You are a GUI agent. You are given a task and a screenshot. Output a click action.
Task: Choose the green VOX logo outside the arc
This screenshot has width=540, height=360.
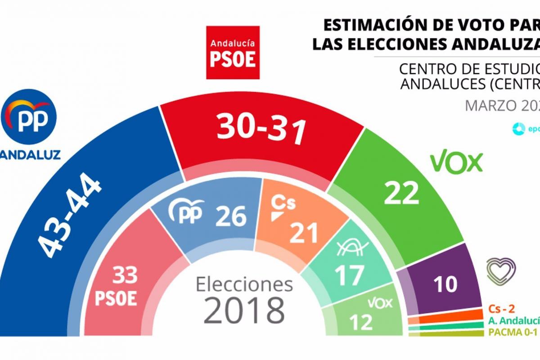(456, 162)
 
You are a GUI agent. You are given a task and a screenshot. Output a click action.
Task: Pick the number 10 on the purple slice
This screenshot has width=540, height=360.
(445, 283)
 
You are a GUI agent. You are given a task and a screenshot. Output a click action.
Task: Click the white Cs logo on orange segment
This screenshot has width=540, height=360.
(283, 207)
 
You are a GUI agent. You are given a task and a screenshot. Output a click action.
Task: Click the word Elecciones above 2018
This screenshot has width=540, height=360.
(244, 284)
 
